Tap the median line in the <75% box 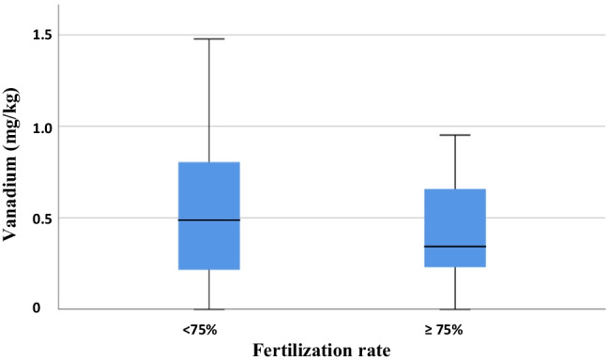point(209,219)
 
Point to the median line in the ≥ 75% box point(455,247)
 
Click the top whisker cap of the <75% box point(209,39)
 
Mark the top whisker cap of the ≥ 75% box point(455,135)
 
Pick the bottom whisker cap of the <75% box point(209,308)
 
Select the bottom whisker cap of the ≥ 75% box point(455,308)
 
